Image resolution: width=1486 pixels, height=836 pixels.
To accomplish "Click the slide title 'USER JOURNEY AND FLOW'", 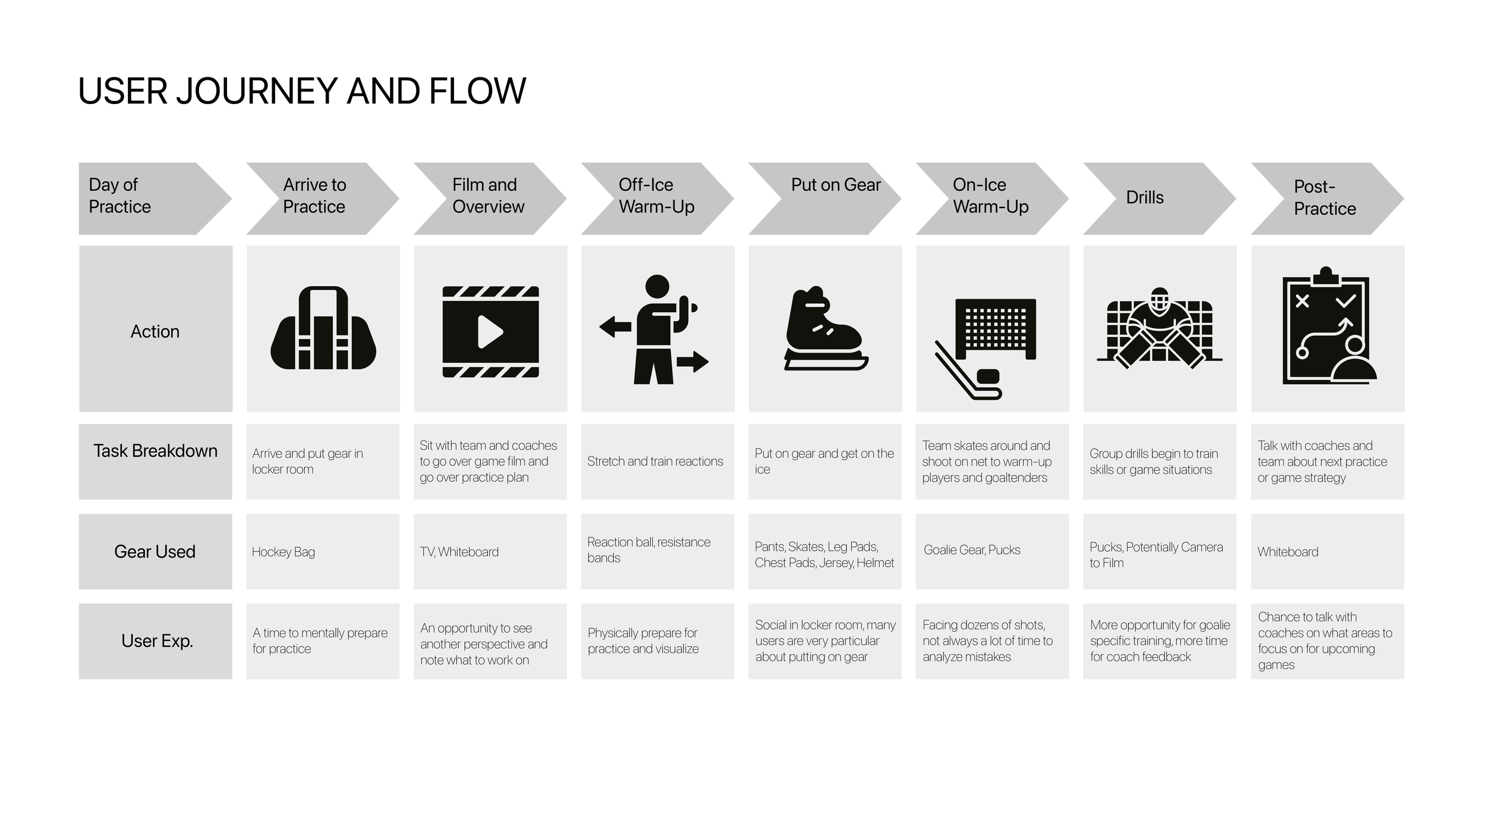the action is [302, 91].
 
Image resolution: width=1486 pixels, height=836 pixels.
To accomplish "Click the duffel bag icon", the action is [323, 328].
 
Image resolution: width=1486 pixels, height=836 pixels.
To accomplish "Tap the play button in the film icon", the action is [490, 332].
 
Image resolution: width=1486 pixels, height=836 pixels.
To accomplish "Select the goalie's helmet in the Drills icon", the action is [1159, 300].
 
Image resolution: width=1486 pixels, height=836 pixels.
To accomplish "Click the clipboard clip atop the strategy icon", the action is [1326, 275].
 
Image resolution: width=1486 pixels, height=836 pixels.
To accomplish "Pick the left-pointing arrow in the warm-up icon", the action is [615, 326].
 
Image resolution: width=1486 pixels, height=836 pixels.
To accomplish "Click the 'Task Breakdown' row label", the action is [155, 451].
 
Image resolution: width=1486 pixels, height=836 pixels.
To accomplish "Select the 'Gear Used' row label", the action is [155, 552].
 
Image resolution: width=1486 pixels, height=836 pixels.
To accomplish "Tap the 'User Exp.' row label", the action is [157, 641].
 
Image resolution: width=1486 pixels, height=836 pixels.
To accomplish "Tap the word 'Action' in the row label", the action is [155, 331].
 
